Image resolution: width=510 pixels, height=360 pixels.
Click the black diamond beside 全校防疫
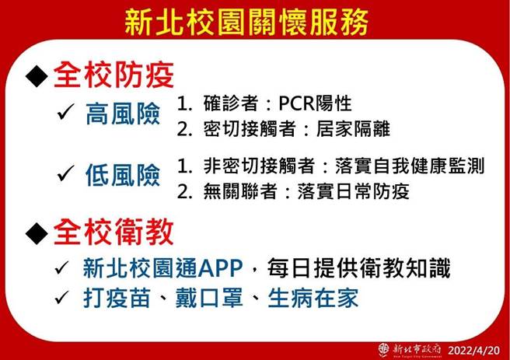(x=37, y=76)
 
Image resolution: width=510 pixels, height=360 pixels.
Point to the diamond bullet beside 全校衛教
(x=37, y=232)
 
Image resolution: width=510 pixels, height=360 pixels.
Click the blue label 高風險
(x=123, y=116)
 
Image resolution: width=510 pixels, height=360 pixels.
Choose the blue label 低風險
(x=123, y=175)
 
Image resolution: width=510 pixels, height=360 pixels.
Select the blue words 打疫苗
(x=111, y=297)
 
